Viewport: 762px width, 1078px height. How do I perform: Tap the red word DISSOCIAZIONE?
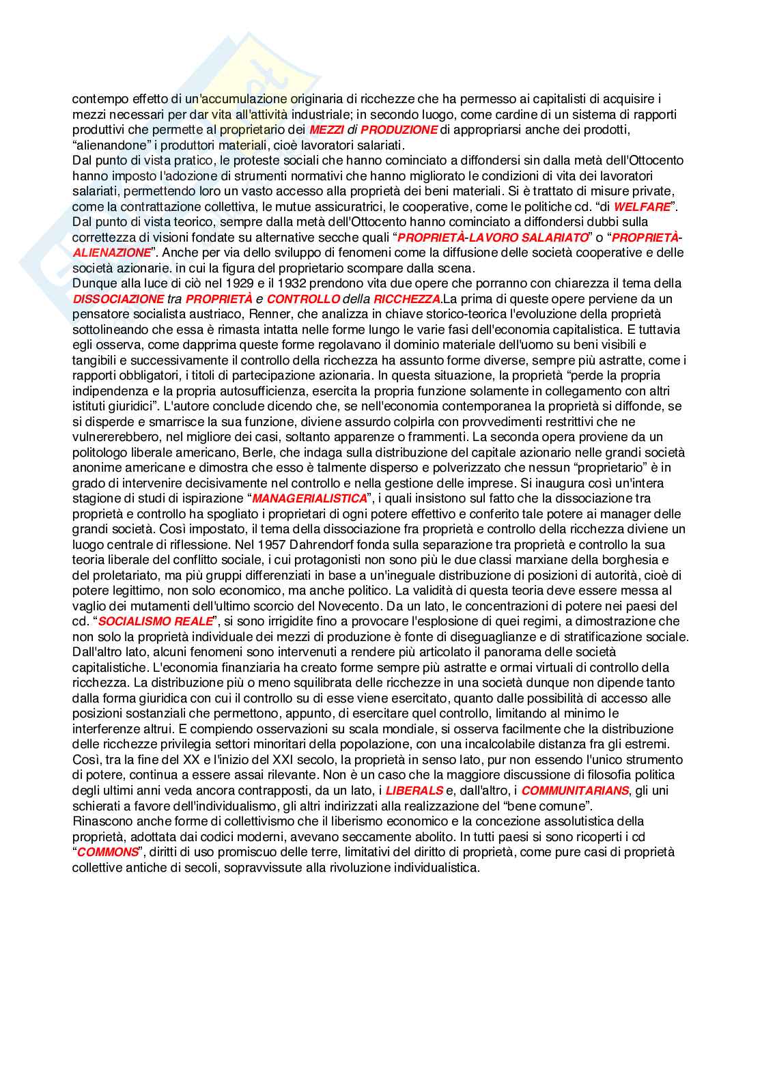[x=118, y=299]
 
